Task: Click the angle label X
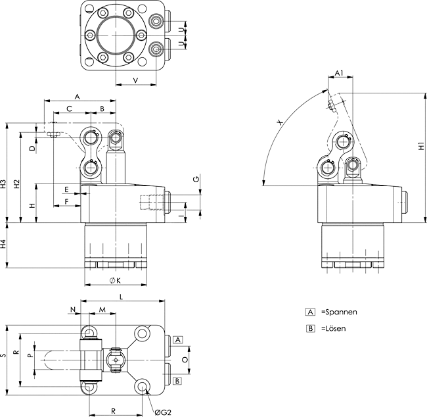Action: click(280, 122)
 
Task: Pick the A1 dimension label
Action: click(339, 72)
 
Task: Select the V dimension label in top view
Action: click(135, 80)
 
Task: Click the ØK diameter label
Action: click(115, 280)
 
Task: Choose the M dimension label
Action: click(102, 309)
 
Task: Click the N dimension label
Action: click(74, 309)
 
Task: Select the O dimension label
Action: click(184, 360)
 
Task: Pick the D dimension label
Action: click(32, 149)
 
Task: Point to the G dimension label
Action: click(195, 179)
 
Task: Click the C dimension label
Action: click(69, 109)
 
